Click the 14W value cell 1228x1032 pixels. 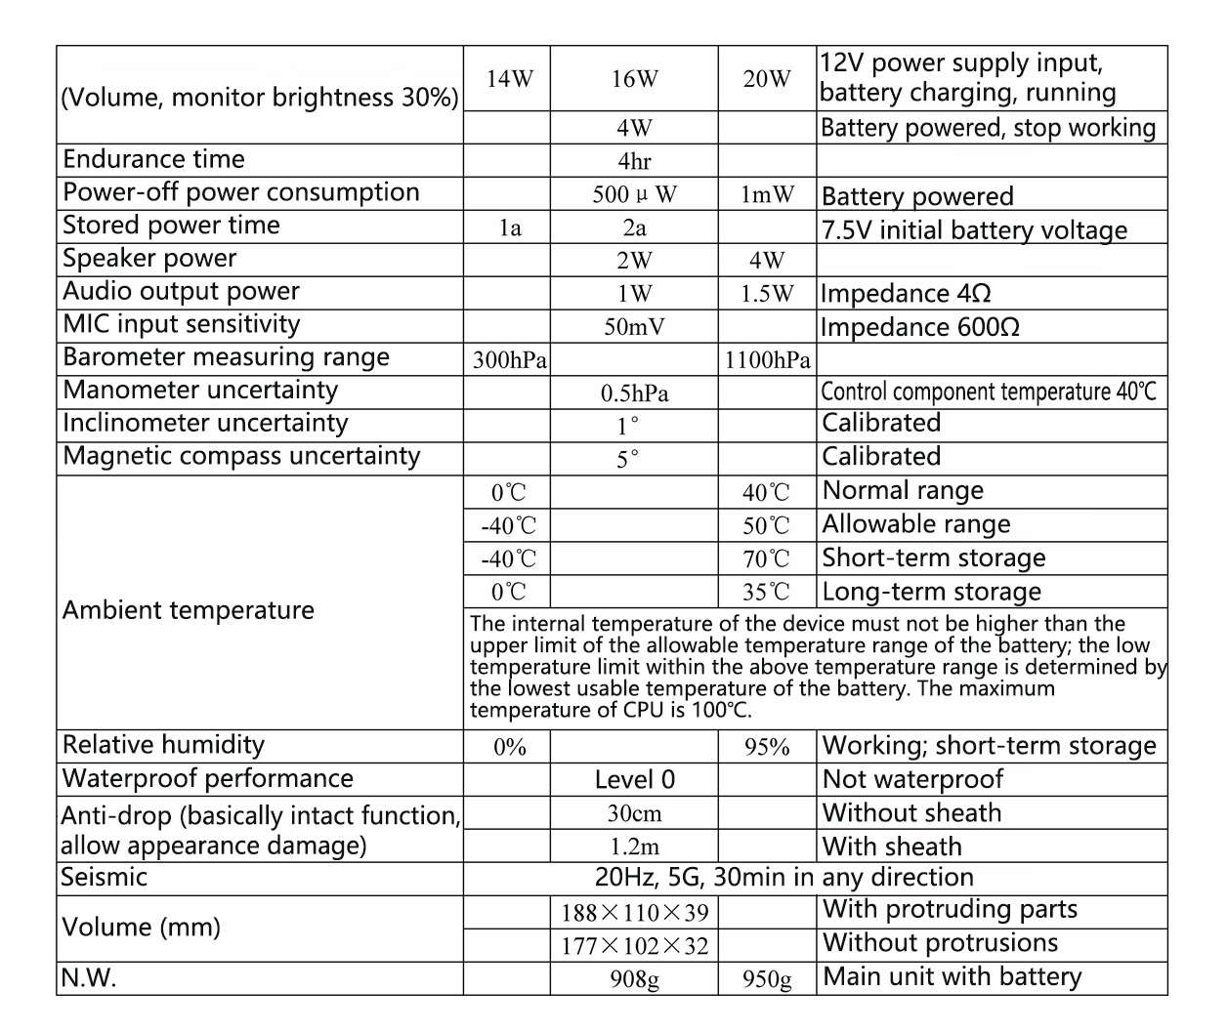pyautogui.click(x=510, y=79)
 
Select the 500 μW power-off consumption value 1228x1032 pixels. pyautogui.click(x=634, y=194)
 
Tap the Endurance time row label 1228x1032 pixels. pyautogui.click(x=153, y=159)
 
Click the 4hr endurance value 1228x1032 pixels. pyautogui.click(x=634, y=161)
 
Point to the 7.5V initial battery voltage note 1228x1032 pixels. pyautogui.click(x=974, y=230)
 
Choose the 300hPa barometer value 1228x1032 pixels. pyautogui.click(x=509, y=360)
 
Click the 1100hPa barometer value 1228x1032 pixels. pyautogui.click(x=767, y=360)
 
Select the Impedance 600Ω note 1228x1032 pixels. pyautogui.click(x=920, y=327)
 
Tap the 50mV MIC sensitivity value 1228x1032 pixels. pyautogui.click(x=634, y=327)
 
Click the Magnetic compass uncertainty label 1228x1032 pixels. pyautogui.click(x=241, y=456)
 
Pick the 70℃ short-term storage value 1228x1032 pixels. pyautogui.click(x=766, y=558)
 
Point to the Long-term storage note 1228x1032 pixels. pyautogui.click(x=932, y=592)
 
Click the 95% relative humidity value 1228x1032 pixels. pyautogui.click(x=767, y=747)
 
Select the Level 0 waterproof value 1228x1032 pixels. pyautogui.click(x=634, y=779)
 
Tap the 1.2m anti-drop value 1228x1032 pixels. pyautogui.click(x=634, y=846)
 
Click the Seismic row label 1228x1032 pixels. pyautogui.click(x=104, y=877)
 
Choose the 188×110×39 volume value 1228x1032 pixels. pyautogui.click(x=634, y=913)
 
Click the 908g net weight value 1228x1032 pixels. pyautogui.click(x=634, y=978)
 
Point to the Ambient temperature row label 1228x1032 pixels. pyautogui.click(x=189, y=610)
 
